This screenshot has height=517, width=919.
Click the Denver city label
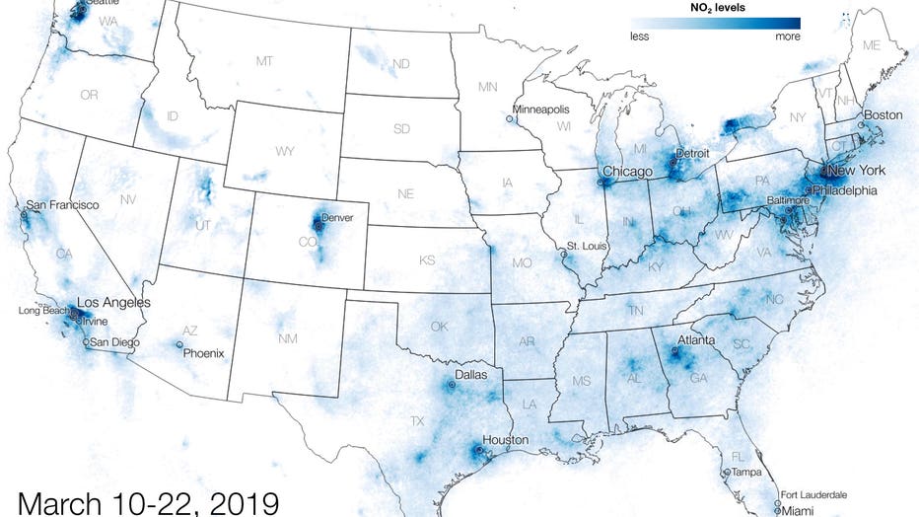tap(337, 217)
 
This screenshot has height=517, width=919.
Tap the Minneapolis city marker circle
tap(509, 119)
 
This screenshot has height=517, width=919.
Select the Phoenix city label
tap(205, 353)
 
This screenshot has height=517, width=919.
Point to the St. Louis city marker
tap(564, 254)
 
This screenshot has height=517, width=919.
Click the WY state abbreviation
tap(285, 152)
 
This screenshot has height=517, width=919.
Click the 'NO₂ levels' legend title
tap(717, 7)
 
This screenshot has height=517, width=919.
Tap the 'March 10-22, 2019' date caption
tap(148, 501)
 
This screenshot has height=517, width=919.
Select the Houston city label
tap(505, 440)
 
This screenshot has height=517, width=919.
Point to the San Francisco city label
tap(62, 204)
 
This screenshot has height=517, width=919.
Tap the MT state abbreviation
tap(264, 61)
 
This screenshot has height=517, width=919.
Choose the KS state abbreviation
tap(427, 260)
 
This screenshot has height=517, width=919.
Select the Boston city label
tap(883, 115)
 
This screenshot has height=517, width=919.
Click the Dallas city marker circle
tap(453, 387)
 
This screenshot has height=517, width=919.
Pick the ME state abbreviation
tap(871, 46)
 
